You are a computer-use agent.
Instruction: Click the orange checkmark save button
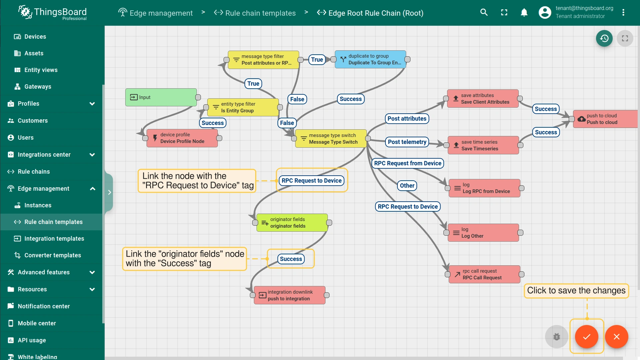[x=586, y=337]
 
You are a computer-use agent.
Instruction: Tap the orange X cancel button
[x=616, y=337]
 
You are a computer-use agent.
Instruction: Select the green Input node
[x=161, y=97]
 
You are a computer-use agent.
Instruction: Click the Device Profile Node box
[x=182, y=138]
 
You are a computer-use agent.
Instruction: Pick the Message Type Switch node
[x=331, y=139]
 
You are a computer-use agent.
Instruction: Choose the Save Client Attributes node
[x=483, y=99]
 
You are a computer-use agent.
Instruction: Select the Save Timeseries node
[x=483, y=145]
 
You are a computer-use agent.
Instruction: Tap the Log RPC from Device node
[x=484, y=188]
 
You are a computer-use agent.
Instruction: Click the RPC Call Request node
[x=484, y=274]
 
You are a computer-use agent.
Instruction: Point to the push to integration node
[x=290, y=295]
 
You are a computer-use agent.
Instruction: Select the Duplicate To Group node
[x=370, y=59]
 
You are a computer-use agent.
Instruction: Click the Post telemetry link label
[x=407, y=142]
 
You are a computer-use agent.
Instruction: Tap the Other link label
[x=407, y=186]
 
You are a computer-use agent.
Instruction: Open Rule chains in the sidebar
[x=34, y=172]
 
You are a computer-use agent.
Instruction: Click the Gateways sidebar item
[x=38, y=87]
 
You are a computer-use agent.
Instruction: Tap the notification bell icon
[x=524, y=13]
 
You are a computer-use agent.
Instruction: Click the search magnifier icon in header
[x=484, y=13]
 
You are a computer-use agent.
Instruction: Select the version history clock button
[x=604, y=38]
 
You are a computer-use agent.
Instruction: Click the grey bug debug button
[x=556, y=337]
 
